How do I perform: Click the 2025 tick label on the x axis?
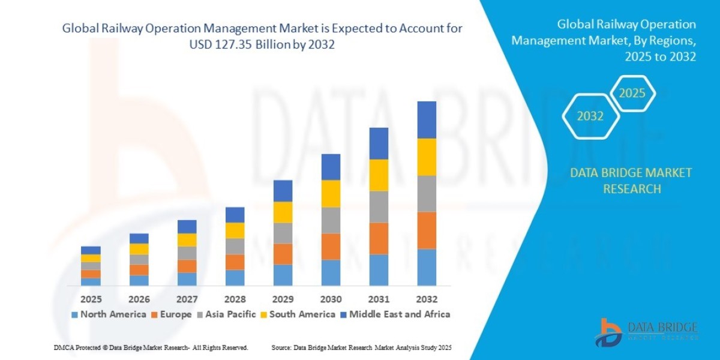(91, 299)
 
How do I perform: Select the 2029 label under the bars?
(283, 299)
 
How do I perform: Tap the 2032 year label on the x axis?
(427, 299)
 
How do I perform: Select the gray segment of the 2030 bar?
(331, 220)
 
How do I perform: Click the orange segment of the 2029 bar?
(283, 254)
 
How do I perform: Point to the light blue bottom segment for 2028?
(235, 278)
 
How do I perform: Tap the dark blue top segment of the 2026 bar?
(139, 238)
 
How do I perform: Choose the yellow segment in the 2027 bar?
(187, 240)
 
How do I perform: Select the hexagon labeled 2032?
(590, 116)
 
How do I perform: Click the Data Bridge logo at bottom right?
(647, 332)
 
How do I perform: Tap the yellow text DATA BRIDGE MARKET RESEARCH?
(631, 181)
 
